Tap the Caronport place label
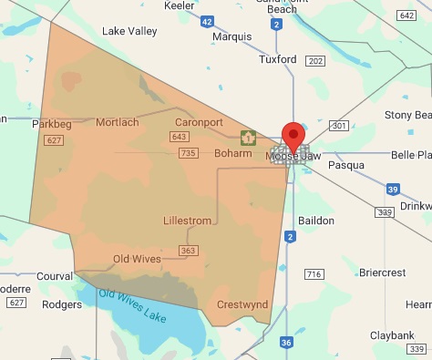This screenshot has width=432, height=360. click(x=198, y=121)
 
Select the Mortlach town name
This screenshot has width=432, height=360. click(x=118, y=122)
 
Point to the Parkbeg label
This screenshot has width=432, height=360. click(x=50, y=123)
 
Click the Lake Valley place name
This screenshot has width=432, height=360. click(x=129, y=31)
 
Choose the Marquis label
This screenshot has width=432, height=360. click(x=231, y=37)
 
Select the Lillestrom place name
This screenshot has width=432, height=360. click(x=187, y=221)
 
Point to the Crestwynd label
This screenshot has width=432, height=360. click(x=242, y=304)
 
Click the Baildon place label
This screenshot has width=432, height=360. click(x=316, y=221)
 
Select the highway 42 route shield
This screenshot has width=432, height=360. click(x=208, y=21)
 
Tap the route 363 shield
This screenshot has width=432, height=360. click(x=189, y=250)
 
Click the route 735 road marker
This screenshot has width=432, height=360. click(x=189, y=153)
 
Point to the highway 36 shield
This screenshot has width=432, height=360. click(x=286, y=343)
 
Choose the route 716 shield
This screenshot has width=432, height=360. click(x=314, y=273)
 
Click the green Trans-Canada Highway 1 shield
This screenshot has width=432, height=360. click(x=247, y=139)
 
